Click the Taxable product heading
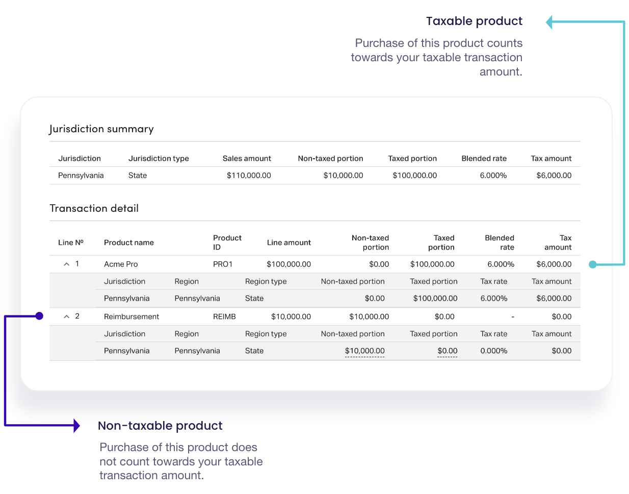(x=474, y=21)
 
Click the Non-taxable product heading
(x=160, y=426)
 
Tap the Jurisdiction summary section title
(x=101, y=129)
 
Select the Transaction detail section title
(x=94, y=208)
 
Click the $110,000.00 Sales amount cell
(x=249, y=176)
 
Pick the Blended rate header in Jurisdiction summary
(x=484, y=159)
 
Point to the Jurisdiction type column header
(x=159, y=159)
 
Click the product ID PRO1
(x=223, y=264)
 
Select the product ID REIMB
(x=224, y=317)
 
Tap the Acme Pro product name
(x=121, y=264)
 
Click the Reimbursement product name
(x=132, y=317)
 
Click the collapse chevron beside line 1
(x=66, y=264)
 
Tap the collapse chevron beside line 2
(x=66, y=317)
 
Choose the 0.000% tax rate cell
(x=493, y=351)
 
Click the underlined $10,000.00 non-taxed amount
(x=364, y=351)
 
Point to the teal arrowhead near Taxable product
(x=549, y=22)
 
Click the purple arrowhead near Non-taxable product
(x=76, y=425)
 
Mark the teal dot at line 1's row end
(x=592, y=264)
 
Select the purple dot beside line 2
(x=39, y=316)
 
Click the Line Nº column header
(x=71, y=243)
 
